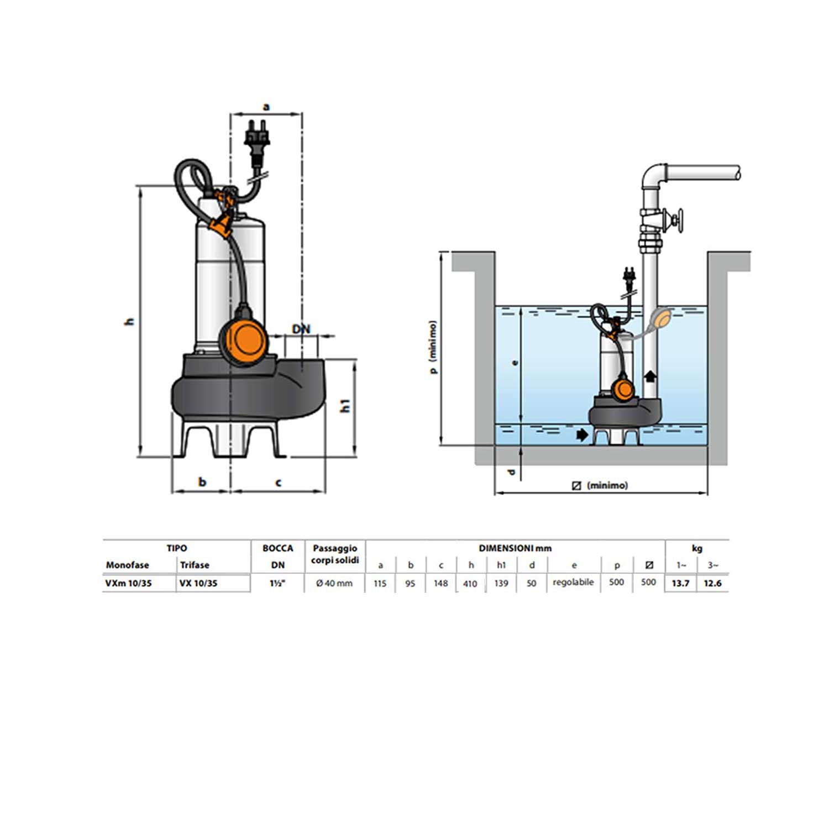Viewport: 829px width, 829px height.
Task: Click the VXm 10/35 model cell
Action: (x=129, y=583)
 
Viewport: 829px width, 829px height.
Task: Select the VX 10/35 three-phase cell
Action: (x=198, y=583)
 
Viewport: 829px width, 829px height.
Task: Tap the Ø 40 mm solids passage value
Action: (x=334, y=583)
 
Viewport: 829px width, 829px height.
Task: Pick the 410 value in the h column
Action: (x=470, y=584)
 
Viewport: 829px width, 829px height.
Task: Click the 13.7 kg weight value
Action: (x=680, y=583)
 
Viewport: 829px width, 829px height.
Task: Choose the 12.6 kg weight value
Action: (x=712, y=583)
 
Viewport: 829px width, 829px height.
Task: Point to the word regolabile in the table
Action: (x=574, y=583)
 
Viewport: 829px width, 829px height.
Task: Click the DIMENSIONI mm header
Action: (x=515, y=548)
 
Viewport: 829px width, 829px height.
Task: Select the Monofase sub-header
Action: (x=128, y=565)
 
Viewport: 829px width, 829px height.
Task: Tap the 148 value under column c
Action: (x=440, y=583)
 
